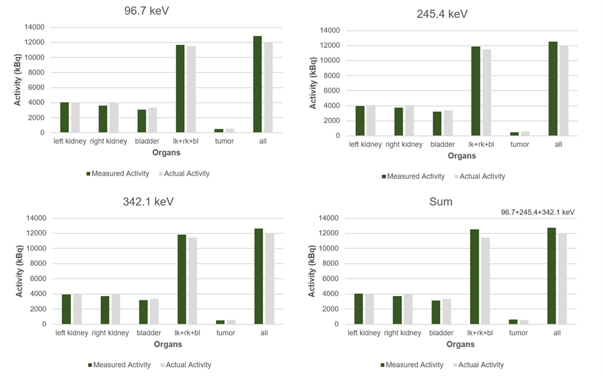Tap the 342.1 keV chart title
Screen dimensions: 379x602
149,201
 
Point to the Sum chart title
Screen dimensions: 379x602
441,201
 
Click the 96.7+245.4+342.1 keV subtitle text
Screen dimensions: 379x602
538,212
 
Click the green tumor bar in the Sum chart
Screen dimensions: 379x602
513,322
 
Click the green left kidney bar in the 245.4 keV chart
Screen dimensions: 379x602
360,121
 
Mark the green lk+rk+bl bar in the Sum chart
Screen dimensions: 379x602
474,277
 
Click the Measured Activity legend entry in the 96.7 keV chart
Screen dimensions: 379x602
117,174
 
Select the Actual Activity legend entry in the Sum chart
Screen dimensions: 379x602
479,365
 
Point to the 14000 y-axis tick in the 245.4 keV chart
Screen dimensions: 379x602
329,30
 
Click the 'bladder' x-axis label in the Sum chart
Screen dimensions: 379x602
441,333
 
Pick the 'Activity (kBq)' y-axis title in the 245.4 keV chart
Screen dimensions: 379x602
314,84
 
